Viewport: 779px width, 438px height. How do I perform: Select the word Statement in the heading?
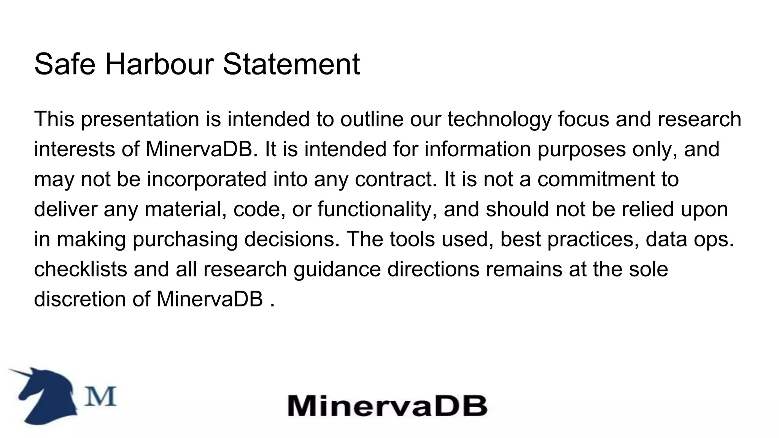291,64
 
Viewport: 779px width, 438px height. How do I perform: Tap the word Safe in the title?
65,64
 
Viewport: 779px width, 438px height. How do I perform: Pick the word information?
477,149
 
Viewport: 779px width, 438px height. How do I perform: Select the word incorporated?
207,179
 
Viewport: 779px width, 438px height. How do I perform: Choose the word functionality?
377,209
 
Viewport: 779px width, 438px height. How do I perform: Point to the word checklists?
80,269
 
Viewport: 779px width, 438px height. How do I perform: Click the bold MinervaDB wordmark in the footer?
387,406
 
